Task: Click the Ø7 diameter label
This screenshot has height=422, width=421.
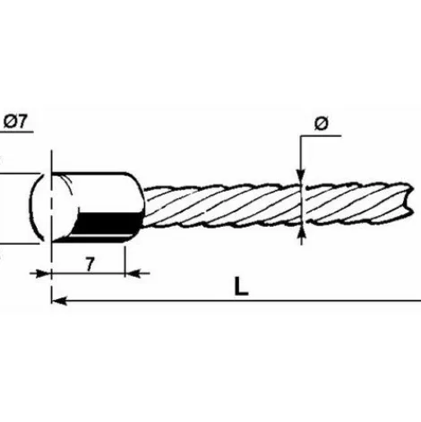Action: [x=15, y=122]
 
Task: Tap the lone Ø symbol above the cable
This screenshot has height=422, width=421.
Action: [x=322, y=124]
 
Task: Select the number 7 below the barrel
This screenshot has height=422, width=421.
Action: [x=90, y=264]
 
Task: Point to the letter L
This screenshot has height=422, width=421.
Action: [x=241, y=286]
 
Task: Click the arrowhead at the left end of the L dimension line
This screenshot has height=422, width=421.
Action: [x=59, y=301]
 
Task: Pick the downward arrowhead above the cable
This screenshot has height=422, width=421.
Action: [x=301, y=176]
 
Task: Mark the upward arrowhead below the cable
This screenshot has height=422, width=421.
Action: [x=302, y=233]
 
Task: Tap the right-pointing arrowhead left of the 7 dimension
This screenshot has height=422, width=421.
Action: [x=42, y=273]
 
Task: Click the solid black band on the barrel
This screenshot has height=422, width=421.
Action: [x=109, y=223]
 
